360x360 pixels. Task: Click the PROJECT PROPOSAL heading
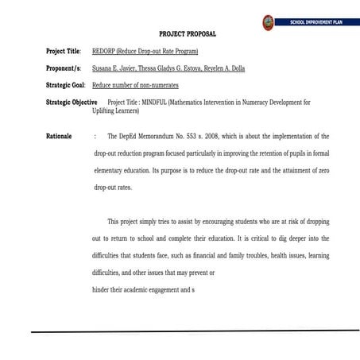(x=188, y=34)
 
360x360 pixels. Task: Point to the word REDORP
(x=103, y=52)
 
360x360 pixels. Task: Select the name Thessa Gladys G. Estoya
(x=168, y=69)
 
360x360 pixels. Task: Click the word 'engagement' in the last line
(x=163, y=290)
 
